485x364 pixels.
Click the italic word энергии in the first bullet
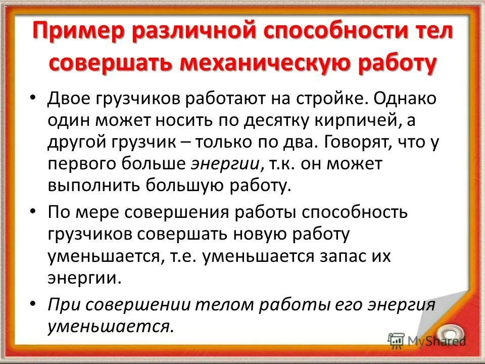coord(225,164)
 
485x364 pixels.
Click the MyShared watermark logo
coord(427,340)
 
